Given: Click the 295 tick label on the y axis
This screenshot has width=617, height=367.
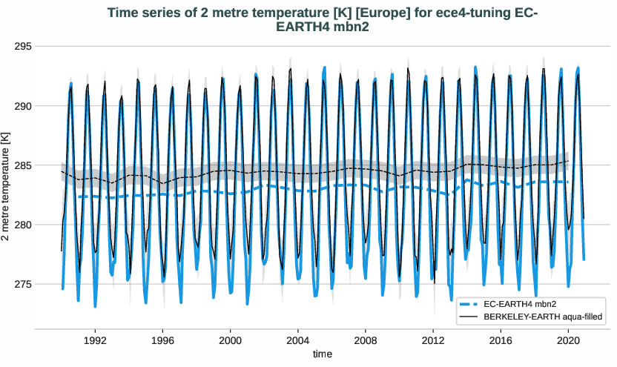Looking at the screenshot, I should point(23,47).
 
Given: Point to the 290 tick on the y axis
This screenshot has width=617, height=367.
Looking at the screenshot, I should point(23,106).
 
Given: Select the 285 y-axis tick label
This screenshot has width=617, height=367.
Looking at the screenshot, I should point(23,165).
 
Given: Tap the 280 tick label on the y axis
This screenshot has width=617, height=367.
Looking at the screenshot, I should point(23,225).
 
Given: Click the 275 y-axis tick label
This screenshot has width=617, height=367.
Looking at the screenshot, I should point(23,284).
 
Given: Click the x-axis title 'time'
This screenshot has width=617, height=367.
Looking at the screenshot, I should point(323,354).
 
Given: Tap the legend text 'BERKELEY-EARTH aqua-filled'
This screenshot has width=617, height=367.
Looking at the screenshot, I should point(541,317).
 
